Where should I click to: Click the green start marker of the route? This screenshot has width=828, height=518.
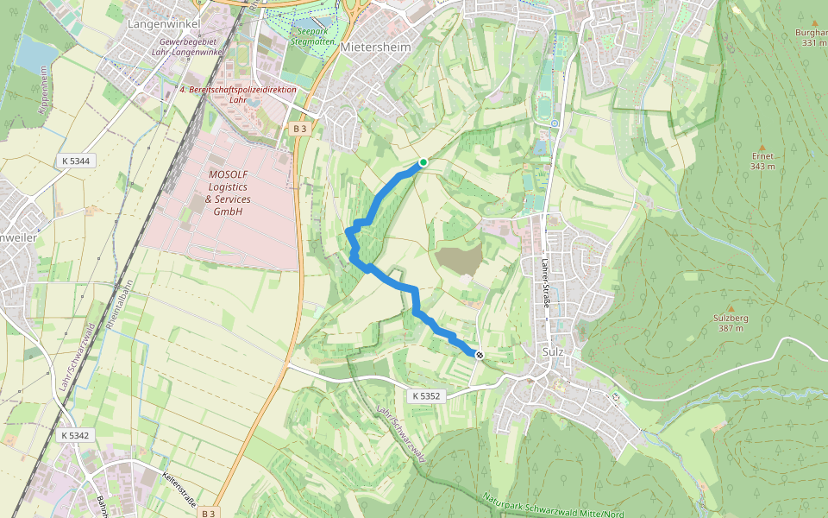coord(423,162)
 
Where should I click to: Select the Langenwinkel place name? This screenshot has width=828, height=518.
coord(164,24)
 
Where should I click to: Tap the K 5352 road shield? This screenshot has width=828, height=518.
coord(426,395)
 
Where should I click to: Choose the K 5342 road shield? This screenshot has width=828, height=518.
coord(76,436)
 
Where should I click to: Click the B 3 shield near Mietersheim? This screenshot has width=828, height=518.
coord(299,129)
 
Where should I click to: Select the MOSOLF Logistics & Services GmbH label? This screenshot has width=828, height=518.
coord(227,193)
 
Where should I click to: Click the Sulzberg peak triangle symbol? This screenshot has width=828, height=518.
coord(731,308)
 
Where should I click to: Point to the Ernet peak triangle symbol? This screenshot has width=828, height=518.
coord(762,147)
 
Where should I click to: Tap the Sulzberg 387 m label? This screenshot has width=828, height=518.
coord(730,323)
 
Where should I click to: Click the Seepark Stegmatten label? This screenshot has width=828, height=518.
coord(312,35)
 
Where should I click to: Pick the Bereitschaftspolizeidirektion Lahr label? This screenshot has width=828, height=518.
coord(237,94)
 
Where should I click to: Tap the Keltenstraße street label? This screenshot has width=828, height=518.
coord(180,489)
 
